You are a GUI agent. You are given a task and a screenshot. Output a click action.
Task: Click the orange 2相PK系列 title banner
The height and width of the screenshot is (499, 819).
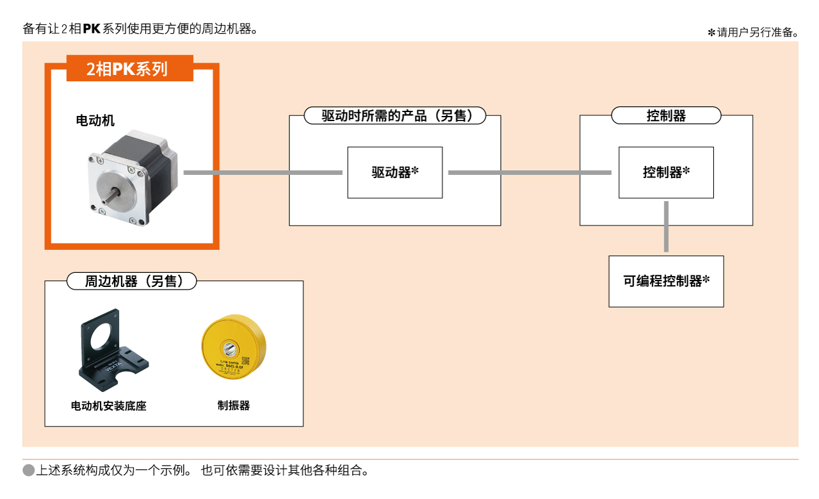130,69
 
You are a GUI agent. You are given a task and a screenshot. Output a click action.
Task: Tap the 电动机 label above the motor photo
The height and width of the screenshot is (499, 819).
95,120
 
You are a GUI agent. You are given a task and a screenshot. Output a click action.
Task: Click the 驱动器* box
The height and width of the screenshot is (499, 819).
394,172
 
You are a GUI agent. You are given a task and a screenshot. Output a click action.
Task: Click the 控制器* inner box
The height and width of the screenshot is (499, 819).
666,172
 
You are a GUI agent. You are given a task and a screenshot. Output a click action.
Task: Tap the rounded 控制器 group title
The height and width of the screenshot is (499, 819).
666,116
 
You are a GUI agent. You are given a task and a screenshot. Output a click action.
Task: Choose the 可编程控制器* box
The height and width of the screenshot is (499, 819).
666,281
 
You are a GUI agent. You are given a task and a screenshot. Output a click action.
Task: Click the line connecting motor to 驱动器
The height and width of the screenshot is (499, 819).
263,172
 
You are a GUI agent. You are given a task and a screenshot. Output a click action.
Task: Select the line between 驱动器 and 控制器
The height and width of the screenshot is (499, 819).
530,172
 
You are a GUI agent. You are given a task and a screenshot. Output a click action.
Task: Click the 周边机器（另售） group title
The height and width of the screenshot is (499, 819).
132,281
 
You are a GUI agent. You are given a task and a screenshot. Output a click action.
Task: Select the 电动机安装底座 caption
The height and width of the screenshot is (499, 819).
109,405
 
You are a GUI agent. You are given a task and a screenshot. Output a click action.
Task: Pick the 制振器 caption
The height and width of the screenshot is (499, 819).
233,405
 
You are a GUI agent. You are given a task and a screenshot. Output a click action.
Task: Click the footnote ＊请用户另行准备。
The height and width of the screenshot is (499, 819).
753,33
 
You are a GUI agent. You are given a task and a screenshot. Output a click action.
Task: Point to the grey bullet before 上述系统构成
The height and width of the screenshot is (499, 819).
29,471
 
